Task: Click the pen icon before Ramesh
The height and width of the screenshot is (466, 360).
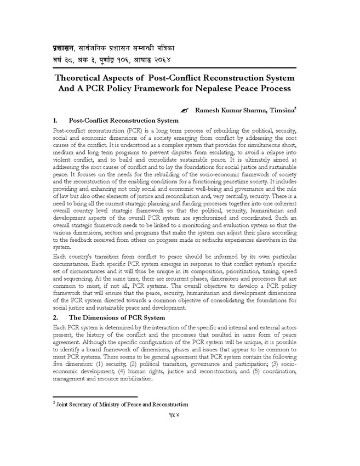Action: [x=184, y=111]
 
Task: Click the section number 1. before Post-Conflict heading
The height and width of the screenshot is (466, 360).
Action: [x=55, y=120]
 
